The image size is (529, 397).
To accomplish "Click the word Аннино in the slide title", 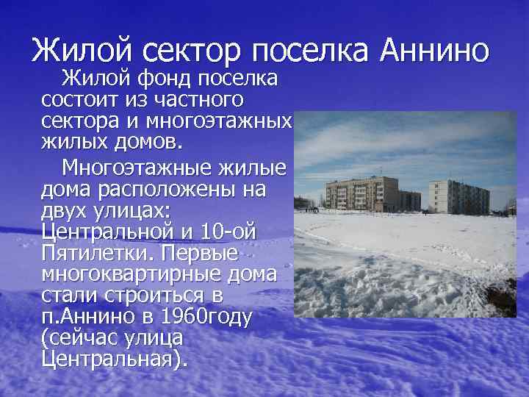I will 434,51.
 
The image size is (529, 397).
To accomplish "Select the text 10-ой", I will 228,232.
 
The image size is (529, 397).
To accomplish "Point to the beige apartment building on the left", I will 357,193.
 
